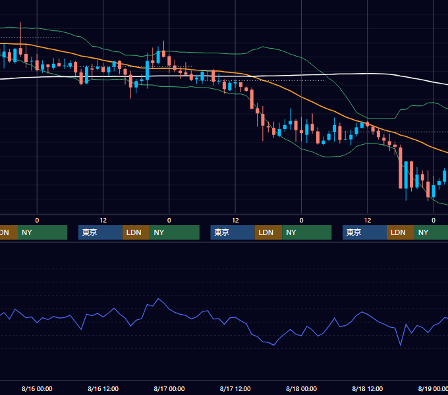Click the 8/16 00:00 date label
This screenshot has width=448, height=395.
pos(37,388)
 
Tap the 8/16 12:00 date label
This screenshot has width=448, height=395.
pos(103,388)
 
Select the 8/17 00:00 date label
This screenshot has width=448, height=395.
pos(169,388)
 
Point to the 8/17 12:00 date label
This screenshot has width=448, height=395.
pos(235,388)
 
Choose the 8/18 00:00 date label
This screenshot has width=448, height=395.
pos(301,388)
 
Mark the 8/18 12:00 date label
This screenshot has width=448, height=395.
pos(368,388)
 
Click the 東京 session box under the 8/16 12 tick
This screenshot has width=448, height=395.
pos(100,232)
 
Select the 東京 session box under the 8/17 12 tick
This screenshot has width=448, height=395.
pos(233,232)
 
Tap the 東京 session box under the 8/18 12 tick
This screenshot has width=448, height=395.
pos(364,232)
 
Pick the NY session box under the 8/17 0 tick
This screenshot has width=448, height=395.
pos(175,232)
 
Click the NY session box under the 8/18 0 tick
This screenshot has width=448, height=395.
pos(307,232)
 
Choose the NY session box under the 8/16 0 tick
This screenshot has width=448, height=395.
pos(42,232)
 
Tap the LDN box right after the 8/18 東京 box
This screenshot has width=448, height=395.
pos(401,232)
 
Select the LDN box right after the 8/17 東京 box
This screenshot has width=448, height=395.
pos(268,232)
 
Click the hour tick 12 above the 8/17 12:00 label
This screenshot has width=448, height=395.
pos(235,221)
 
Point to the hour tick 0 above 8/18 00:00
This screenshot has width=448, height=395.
pos(301,221)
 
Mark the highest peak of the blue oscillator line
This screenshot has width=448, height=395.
pos(158,299)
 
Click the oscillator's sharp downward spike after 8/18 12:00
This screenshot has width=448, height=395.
pos(401,345)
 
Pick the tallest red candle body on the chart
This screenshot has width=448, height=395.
pos(401,168)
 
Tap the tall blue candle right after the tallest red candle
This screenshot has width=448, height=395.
pos(406,174)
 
